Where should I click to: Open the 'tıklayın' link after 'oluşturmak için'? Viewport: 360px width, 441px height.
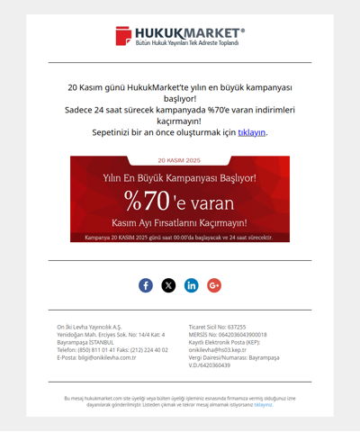251,132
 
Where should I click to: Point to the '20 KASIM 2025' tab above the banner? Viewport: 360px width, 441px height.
179,160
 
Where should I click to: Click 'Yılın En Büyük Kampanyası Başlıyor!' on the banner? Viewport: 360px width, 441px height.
179,178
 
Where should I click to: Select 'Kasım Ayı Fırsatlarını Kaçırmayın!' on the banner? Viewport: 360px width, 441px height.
179,221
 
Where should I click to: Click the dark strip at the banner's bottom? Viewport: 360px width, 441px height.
179,238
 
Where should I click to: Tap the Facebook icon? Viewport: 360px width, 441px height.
146,285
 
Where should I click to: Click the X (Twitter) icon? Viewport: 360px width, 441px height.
168,285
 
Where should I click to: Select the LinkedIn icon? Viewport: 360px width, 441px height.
192,285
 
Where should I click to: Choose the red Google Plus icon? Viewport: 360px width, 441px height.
214,285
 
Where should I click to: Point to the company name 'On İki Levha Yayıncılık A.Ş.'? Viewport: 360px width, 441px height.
89,327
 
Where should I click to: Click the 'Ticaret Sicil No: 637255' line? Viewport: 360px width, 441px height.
217,327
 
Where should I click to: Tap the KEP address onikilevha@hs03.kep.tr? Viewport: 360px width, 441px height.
222,350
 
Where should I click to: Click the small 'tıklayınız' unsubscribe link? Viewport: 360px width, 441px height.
263,405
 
